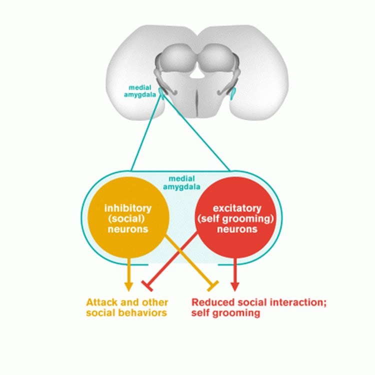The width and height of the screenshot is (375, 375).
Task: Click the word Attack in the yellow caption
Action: point(99,302)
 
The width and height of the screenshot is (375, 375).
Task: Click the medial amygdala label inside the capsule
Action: point(180,184)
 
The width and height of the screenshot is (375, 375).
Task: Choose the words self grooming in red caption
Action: point(226,313)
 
